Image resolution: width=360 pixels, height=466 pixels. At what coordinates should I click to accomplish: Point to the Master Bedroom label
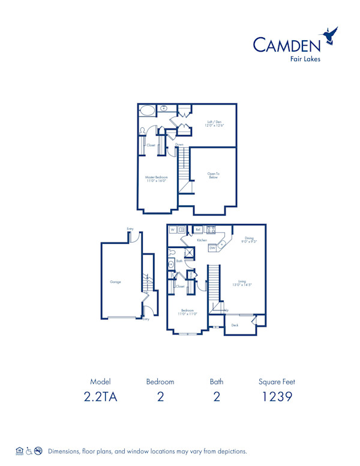[157, 179]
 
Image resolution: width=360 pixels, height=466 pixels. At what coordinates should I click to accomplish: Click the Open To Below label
[213, 176]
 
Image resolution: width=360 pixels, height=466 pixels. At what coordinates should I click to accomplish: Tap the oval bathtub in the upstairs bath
[148, 110]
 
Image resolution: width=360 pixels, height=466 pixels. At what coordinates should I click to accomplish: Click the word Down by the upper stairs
[179, 145]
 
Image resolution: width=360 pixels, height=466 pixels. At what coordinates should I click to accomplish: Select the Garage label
[115, 281]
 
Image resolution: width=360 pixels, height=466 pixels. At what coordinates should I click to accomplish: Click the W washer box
[173, 229]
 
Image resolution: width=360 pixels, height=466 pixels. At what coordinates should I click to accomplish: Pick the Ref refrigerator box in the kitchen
[198, 229]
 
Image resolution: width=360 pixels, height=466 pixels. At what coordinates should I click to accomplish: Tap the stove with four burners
[211, 229]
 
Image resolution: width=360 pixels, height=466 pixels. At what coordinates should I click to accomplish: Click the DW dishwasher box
[212, 248]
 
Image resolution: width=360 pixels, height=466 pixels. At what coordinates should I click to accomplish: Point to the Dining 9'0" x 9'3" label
[249, 239]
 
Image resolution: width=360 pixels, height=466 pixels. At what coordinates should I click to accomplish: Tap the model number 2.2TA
[101, 396]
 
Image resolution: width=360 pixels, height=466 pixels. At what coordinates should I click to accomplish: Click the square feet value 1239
[277, 396]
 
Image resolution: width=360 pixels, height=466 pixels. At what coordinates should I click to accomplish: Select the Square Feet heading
[277, 381]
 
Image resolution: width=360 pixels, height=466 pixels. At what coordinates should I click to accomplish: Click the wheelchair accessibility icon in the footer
[28, 450]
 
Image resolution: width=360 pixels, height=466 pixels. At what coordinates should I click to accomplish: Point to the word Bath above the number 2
[217, 381]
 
